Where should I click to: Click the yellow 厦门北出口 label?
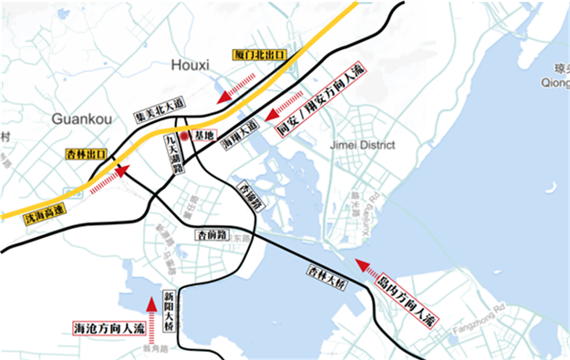pos(259,56)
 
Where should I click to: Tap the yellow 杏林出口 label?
pos(87,154)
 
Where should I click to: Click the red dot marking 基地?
pos(184,136)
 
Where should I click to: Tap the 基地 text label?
pos(203,136)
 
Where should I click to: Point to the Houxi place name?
pos(191,66)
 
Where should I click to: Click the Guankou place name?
pos(81,118)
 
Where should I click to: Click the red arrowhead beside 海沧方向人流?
pos(152,303)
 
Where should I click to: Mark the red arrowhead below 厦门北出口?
pos(223,97)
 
